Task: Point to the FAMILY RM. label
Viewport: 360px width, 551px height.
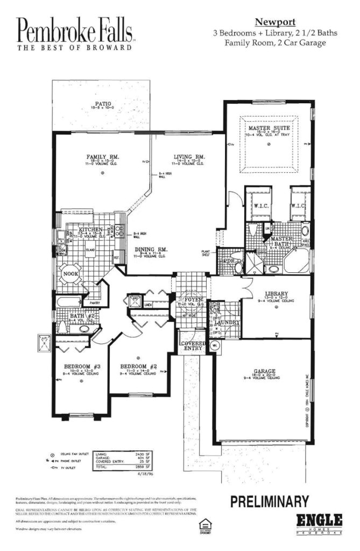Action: click(x=102, y=157)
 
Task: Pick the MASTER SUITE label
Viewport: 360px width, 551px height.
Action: click(x=269, y=129)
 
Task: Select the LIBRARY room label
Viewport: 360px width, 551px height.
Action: click(x=276, y=294)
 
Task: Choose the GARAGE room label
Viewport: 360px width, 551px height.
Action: click(x=264, y=371)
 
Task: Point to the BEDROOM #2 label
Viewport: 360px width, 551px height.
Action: click(x=138, y=365)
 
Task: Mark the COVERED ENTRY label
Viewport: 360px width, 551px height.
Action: click(x=192, y=345)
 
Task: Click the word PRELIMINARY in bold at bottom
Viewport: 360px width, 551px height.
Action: click(x=269, y=501)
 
